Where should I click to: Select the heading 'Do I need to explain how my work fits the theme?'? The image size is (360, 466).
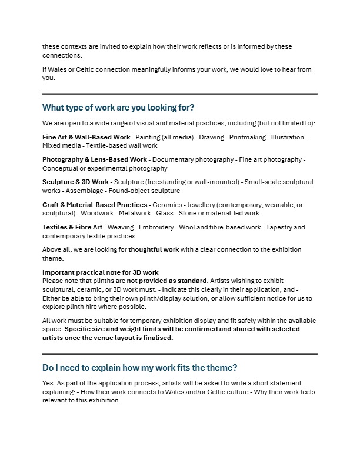pyautogui.click(x=139, y=368)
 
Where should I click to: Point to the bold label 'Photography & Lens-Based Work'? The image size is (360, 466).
pyautogui.click(x=95, y=159)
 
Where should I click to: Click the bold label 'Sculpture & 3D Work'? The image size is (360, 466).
pyautogui.click(x=76, y=182)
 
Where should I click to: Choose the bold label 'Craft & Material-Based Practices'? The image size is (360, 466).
pyautogui.click(x=95, y=205)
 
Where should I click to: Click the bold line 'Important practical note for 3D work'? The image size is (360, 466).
pyautogui.click(x=101, y=272)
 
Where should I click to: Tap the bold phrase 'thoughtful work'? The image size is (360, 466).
pyautogui.click(x=154, y=249)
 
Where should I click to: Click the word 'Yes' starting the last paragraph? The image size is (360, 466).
pyautogui.click(x=48, y=383)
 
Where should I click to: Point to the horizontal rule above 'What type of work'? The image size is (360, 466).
pyautogui.click(x=179, y=94)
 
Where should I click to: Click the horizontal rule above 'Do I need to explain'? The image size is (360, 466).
pyautogui.click(x=179, y=354)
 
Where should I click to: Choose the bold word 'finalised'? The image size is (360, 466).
pyautogui.click(x=155, y=338)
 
